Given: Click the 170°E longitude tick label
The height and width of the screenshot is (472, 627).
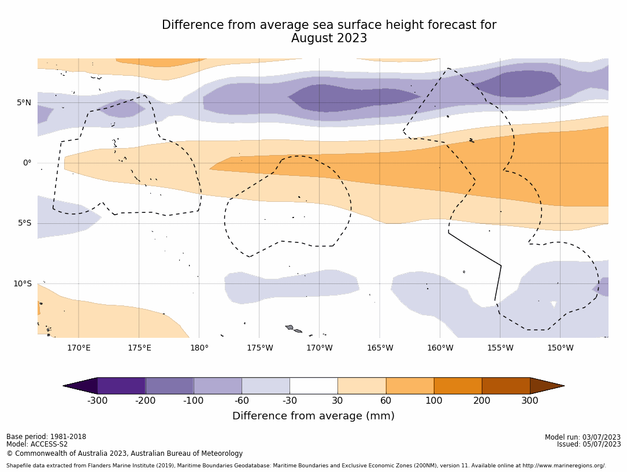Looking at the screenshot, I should [x=79, y=348].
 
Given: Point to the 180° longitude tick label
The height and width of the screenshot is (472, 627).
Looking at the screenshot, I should [x=199, y=348].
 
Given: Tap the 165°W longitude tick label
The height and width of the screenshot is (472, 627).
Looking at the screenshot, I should [x=380, y=348].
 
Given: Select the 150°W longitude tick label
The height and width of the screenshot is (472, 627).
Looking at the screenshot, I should [x=560, y=348].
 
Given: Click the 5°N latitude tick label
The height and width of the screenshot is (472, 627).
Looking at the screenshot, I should [x=24, y=103].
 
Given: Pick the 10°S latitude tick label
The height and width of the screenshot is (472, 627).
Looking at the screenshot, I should [x=23, y=283].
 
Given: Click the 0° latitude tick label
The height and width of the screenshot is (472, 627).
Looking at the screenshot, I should [x=27, y=163].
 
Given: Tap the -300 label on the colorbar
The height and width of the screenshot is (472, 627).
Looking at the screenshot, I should [x=97, y=401].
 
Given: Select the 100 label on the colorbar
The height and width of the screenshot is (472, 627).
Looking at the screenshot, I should [x=433, y=401].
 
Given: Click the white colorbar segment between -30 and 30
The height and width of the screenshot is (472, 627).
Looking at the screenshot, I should [x=314, y=386].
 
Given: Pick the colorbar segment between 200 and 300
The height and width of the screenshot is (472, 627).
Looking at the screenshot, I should [x=506, y=386].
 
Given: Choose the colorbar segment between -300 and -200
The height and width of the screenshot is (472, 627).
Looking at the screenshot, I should [x=121, y=386].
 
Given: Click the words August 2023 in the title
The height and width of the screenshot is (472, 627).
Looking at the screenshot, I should [x=329, y=39].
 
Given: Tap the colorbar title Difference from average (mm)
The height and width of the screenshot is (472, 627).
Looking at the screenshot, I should [x=313, y=416].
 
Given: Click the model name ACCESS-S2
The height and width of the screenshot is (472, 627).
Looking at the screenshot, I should [x=50, y=444].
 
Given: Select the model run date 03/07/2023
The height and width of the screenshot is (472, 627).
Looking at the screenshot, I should [x=602, y=437].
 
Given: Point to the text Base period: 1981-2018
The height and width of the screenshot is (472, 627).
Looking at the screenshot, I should [x=46, y=437].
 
